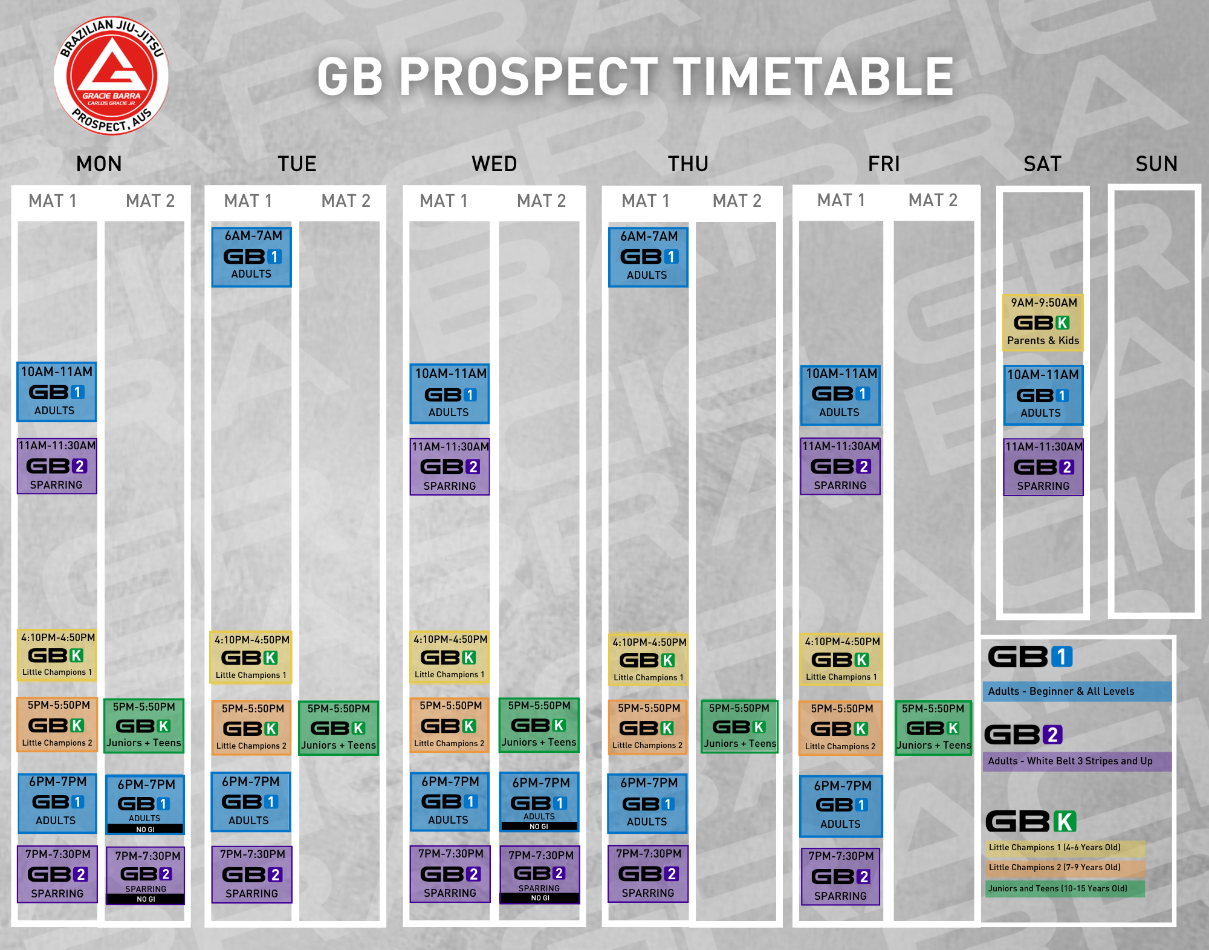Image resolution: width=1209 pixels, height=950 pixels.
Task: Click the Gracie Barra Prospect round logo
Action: [111, 76]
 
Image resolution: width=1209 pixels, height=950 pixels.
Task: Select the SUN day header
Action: [1156, 164]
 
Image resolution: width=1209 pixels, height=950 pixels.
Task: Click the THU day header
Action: [688, 164]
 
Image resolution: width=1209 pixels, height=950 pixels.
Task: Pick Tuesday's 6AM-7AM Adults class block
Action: [251, 256]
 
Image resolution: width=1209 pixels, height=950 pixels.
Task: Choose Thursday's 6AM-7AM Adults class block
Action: [648, 257]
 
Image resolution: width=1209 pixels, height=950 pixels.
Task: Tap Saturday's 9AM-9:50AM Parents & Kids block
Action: [1043, 322]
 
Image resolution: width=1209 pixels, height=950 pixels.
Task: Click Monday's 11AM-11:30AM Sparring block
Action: [57, 466]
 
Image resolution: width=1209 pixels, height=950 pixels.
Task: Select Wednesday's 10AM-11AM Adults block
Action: [449, 394]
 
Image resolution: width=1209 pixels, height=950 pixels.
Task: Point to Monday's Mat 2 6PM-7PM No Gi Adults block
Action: [145, 805]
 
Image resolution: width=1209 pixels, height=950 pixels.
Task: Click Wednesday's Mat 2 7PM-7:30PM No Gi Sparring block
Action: [540, 875]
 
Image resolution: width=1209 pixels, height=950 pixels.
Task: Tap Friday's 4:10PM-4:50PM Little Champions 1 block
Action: [841, 659]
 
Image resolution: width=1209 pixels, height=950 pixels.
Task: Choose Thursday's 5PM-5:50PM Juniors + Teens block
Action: [739, 726]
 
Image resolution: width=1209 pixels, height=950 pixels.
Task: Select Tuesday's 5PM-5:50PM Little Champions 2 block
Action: [251, 727]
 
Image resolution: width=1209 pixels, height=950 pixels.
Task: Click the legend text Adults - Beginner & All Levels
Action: [1061, 691]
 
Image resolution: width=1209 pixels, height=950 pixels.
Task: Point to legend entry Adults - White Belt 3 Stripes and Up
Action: [1070, 761]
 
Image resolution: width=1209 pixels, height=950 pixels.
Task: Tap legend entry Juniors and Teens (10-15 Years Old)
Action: [1058, 888]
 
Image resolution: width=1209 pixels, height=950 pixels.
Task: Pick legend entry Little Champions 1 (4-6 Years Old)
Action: [1054, 847]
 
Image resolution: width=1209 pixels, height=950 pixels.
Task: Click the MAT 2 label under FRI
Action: [933, 200]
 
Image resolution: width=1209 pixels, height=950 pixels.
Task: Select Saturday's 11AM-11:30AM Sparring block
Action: [1043, 467]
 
